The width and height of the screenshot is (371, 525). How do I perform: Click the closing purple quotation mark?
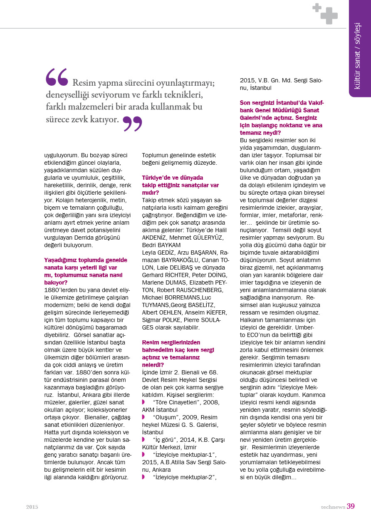[x=132, y=123]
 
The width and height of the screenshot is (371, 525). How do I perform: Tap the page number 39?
[x=351, y=506]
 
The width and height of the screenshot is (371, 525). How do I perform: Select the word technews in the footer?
[x=333, y=507]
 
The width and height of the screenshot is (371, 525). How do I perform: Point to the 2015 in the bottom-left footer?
[x=32, y=507]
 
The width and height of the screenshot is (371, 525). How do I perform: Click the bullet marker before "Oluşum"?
[x=143, y=417]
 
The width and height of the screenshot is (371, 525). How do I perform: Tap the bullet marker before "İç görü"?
[x=143, y=439]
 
